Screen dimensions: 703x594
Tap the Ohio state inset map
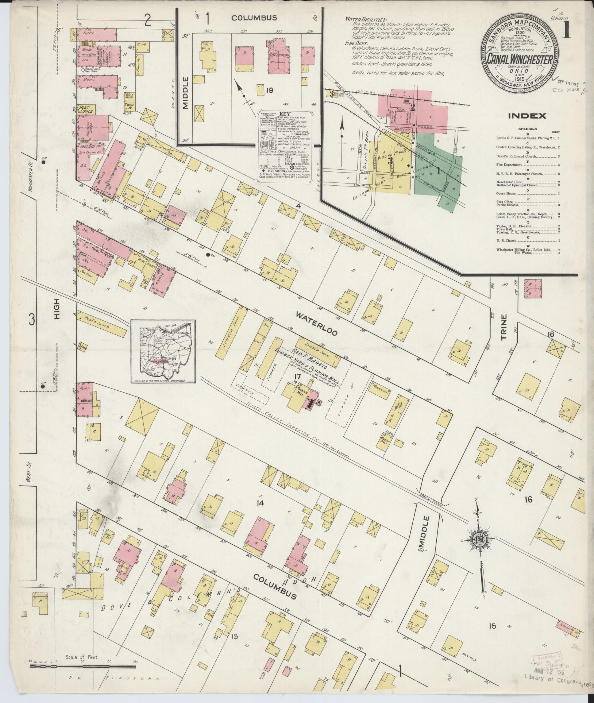pos(163,351)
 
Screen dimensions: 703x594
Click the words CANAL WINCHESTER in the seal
pos(520,59)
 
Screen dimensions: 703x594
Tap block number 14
pos(260,503)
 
